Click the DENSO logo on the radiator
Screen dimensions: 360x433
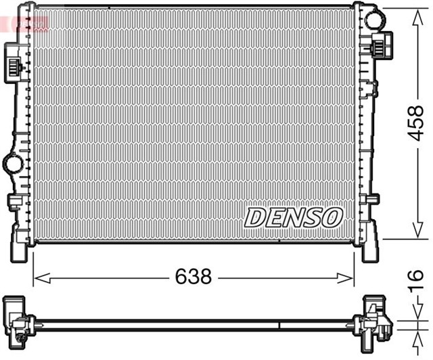coord(294,217)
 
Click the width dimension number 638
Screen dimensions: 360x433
coord(193,276)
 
